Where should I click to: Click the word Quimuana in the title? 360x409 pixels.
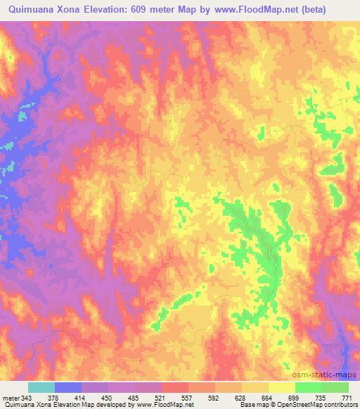point(32,10)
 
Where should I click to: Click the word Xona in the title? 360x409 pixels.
point(77,10)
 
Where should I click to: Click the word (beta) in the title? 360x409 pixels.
point(337,10)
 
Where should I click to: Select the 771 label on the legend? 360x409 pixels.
point(347,397)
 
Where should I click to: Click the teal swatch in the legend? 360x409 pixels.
point(41,387)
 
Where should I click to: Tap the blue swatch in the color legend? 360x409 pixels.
point(68,387)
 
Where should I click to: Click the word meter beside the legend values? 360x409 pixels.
point(10,397)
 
